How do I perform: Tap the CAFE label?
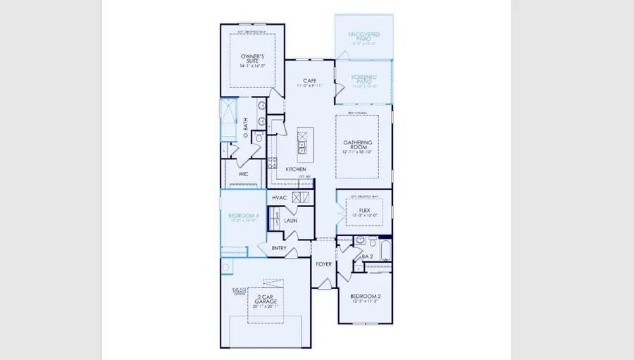(309, 80)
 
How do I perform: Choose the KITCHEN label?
(297, 170)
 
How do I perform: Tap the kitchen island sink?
(303, 147)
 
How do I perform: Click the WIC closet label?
(243, 173)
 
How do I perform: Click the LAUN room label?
(291, 220)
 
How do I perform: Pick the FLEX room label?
(364, 210)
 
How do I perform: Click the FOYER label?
(323, 264)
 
